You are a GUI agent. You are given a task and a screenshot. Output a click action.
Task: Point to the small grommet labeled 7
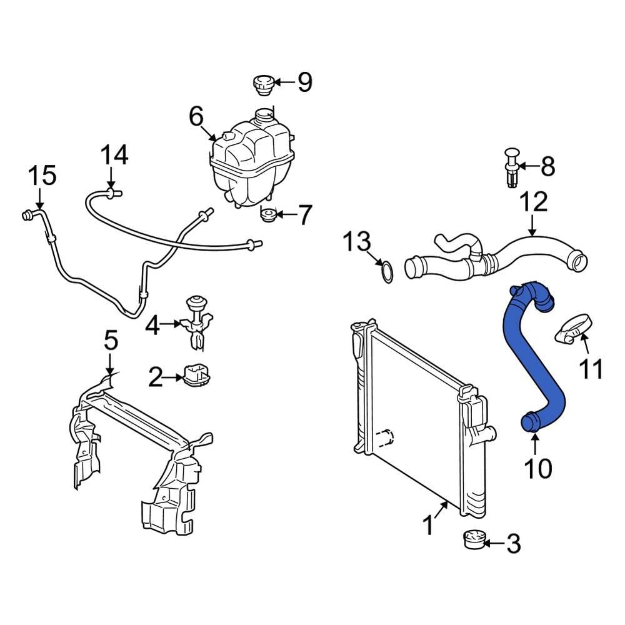pyautogui.click(x=268, y=216)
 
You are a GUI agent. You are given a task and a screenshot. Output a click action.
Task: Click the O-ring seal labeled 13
pyautogui.click(x=387, y=272)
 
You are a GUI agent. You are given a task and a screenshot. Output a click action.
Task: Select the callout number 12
pyautogui.click(x=532, y=201)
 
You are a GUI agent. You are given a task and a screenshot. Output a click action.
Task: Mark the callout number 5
pyautogui.click(x=111, y=341)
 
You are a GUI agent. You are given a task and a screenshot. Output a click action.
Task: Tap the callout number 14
pyautogui.click(x=114, y=154)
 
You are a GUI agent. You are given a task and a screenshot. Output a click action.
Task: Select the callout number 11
pyautogui.click(x=589, y=369)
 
